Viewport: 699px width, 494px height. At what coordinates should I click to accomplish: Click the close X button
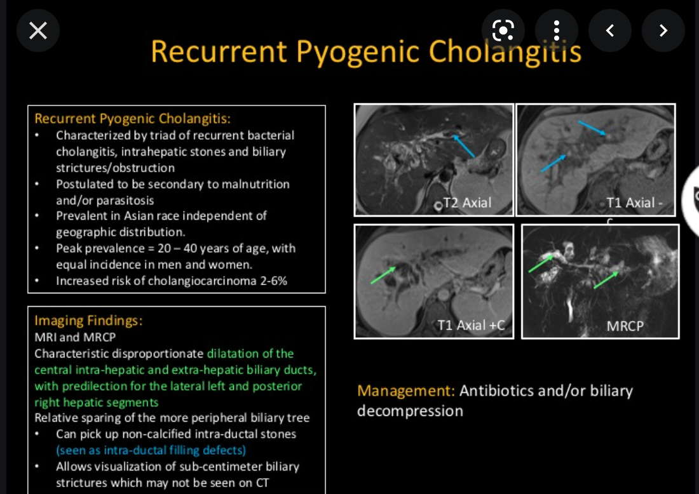click(x=38, y=30)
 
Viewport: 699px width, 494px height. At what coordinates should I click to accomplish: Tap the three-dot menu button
click(x=557, y=30)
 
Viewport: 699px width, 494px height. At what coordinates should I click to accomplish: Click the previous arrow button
click(x=610, y=30)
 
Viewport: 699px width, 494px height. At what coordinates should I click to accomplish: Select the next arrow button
click(x=663, y=30)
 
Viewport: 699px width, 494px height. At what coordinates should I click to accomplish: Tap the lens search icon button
click(x=503, y=30)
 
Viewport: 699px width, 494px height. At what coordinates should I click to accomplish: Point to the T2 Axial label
click(x=468, y=203)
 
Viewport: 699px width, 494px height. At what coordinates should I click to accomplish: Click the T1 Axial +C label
click(x=471, y=325)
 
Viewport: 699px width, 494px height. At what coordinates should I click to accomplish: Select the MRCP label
click(x=625, y=326)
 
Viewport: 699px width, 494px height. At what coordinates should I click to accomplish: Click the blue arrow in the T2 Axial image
click(x=463, y=145)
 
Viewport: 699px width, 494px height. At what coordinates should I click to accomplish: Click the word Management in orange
click(x=405, y=391)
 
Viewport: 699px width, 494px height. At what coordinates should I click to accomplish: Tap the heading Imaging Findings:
click(x=88, y=321)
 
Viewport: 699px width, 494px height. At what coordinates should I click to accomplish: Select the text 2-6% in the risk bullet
click(x=272, y=281)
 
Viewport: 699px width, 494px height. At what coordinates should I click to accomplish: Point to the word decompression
click(x=410, y=411)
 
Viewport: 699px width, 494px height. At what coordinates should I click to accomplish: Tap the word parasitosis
click(x=125, y=201)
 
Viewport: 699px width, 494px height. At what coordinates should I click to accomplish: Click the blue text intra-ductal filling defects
click(x=151, y=450)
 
